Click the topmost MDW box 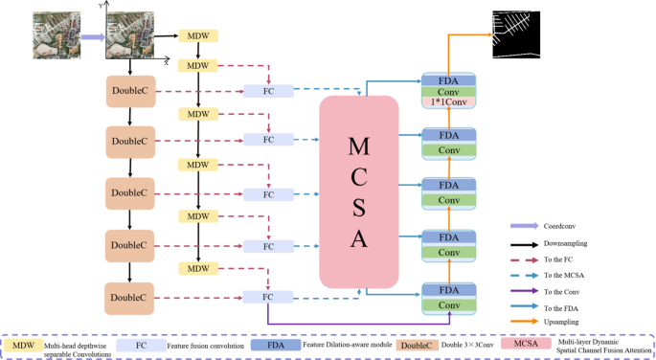click(x=198, y=35)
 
